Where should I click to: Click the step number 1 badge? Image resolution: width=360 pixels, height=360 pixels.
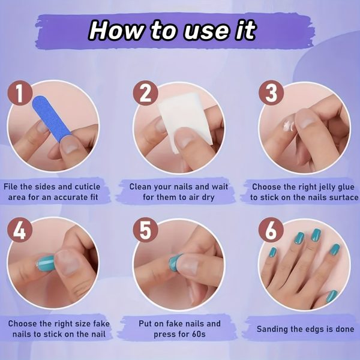20,93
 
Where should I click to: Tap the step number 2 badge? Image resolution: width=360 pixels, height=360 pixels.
146,93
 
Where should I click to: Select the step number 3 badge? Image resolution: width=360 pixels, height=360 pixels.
271,93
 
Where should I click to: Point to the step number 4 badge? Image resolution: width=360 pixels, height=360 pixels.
20,230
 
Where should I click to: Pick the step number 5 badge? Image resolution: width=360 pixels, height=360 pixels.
146,230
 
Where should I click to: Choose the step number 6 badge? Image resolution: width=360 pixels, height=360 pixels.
271,230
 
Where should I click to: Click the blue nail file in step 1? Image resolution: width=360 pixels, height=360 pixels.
51,118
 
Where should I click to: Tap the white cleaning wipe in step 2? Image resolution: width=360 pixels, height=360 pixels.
185,119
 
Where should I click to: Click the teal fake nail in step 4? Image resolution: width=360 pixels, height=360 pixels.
45,263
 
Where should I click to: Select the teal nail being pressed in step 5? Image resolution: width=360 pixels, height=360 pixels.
175,263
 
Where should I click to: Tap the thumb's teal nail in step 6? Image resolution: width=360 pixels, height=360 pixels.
332,296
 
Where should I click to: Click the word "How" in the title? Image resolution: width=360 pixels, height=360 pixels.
116,31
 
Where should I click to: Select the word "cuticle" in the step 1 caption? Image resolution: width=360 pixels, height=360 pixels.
88,187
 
